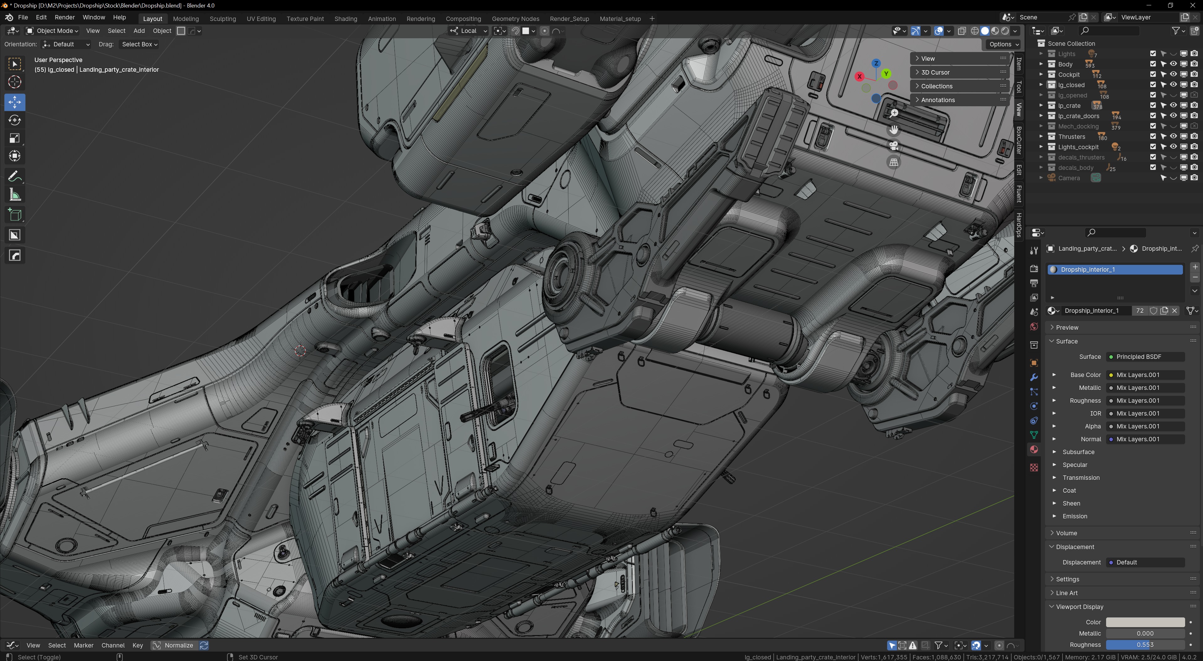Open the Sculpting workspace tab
222,19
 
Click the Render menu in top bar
65,17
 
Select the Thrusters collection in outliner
1071,137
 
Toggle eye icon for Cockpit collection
1173,75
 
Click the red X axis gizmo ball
859,76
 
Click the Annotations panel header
938,100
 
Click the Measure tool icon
14,195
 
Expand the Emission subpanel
1074,516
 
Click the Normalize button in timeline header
173,645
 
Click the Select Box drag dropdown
139,44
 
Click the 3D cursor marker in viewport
300,351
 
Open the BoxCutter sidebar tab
1019,140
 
